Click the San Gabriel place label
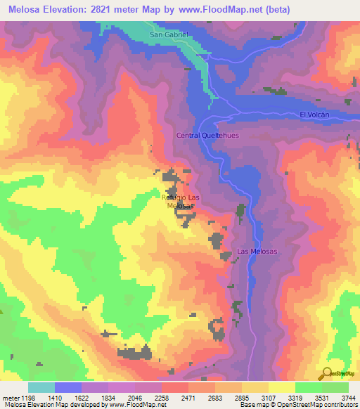(x=169, y=34)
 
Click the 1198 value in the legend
(x=29, y=397)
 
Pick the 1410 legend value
(x=56, y=397)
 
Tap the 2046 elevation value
(x=136, y=397)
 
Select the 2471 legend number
(x=189, y=397)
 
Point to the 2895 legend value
(x=243, y=397)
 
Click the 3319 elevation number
(x=295, y=397)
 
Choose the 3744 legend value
(x=349, y=397)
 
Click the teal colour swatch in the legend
(x=41, y=387)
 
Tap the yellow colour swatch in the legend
(x=281, y=387)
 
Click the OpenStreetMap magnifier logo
(x=327, y=373)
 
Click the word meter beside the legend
(x=10, y=397)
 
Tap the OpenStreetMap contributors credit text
(x=310, y=405)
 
